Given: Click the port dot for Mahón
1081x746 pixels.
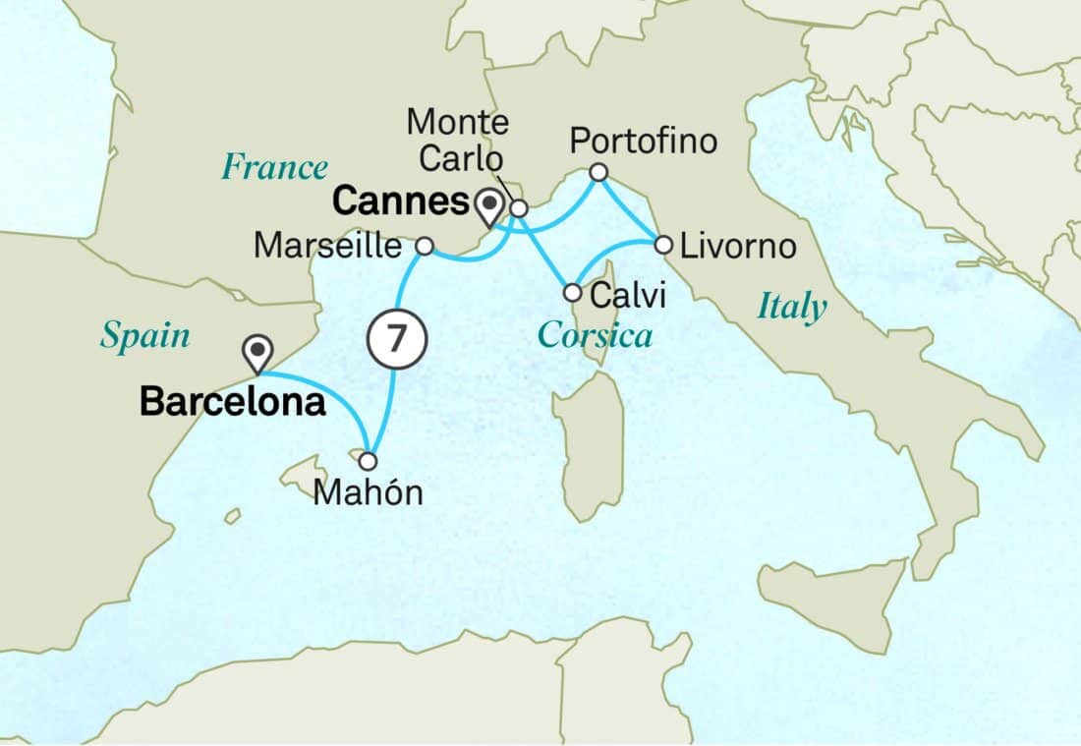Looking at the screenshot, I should click(x=368, y=461).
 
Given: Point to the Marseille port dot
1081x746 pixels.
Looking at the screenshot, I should click(x=425, y=246).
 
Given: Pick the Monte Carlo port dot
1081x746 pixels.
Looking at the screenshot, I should click(x=519, y=208).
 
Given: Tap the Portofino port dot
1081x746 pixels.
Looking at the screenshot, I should click(x=598, y=173).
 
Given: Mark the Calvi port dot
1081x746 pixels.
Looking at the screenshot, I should click(x=572, y=292).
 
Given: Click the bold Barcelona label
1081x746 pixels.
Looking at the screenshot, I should click(x=233, y=401).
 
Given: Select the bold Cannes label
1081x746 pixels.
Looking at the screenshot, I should click(x=399, y=202).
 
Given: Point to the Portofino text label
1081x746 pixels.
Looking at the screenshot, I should click(x=644, y=142).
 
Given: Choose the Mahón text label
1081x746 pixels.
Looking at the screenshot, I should click(x=368, y=492).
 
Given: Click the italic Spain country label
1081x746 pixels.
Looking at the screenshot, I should click(x=145, y=337).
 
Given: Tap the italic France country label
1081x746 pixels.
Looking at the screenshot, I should click(x=274, y=167).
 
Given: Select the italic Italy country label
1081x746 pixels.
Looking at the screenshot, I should click(x=791, y=308).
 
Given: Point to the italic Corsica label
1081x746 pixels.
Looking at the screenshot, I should click(x=595, y=336).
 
